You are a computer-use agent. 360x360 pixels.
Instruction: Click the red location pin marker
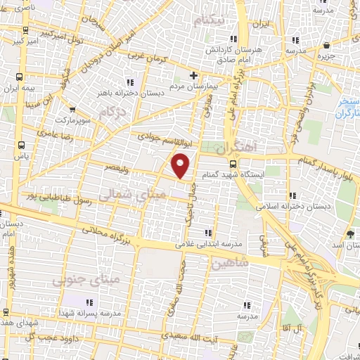[x=181, y=165]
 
